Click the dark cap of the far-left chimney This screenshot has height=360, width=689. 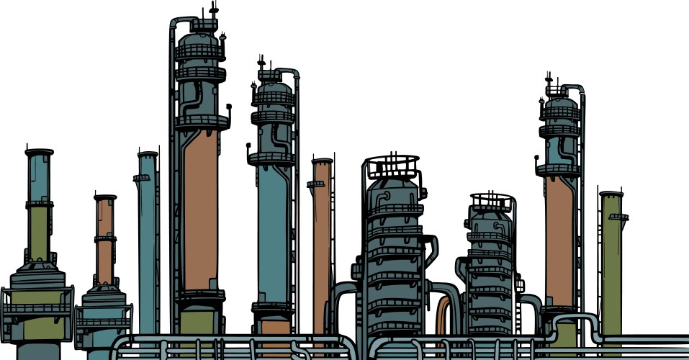(39, 153)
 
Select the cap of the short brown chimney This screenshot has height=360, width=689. (105, 197)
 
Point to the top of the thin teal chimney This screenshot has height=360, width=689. (148, 154)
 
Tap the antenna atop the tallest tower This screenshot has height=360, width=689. (213, 10)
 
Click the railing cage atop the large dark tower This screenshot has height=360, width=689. (392, 166)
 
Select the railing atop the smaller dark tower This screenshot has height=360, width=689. (492, 202)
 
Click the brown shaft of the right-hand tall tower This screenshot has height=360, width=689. (559, 238)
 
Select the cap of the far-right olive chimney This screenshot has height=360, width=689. (611, 194)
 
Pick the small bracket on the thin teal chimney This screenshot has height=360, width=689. (141, 178)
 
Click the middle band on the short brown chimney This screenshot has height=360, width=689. (105, 238)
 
